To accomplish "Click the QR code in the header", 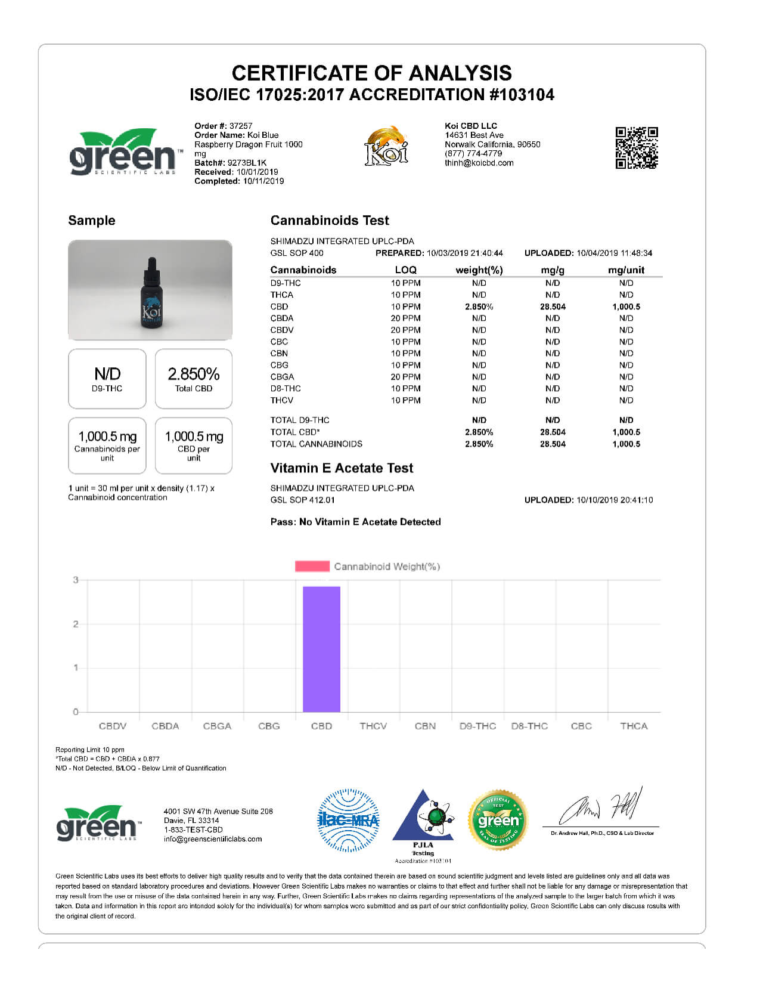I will point(636,147).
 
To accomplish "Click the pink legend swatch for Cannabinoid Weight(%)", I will point(312,566).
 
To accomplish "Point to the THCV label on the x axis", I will point(373,726).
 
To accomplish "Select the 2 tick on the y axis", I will point(76,624).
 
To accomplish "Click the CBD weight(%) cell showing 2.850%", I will point(479,307).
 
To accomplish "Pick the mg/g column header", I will point(553,270).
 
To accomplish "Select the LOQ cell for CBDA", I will point(405,318).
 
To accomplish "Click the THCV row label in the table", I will point(282,400).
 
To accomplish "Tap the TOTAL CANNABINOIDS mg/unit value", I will point(626,444).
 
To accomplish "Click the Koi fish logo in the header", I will point(386,146).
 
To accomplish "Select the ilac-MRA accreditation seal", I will point(348,820).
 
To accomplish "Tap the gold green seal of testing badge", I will point(498,821).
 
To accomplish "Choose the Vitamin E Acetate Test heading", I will point(342,468).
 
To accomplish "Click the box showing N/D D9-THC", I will point(107,379).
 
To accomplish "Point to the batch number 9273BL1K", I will point(247,163).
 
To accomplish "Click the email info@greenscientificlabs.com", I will point(213,839).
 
